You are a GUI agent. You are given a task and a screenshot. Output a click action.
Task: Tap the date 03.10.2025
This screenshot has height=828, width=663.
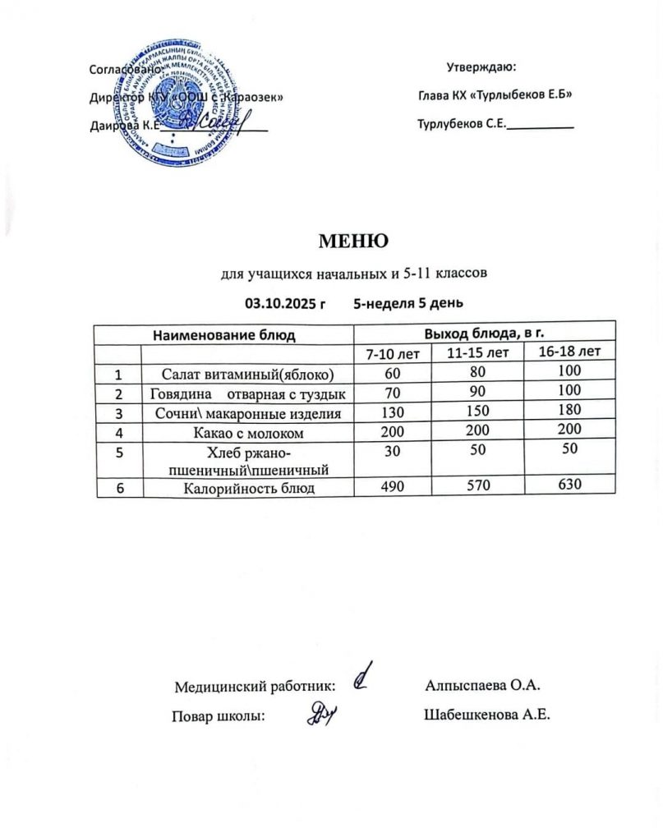tap(280, 303)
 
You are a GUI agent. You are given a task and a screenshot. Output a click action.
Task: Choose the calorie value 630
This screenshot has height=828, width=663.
tap(566, 485)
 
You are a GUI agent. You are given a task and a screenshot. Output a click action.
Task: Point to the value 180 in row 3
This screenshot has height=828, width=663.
tap(566, 408)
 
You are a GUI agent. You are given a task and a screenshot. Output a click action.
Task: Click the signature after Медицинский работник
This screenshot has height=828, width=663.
tap(362, 678)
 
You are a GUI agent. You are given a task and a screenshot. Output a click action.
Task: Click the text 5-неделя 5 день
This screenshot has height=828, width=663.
tap(408, 303)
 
